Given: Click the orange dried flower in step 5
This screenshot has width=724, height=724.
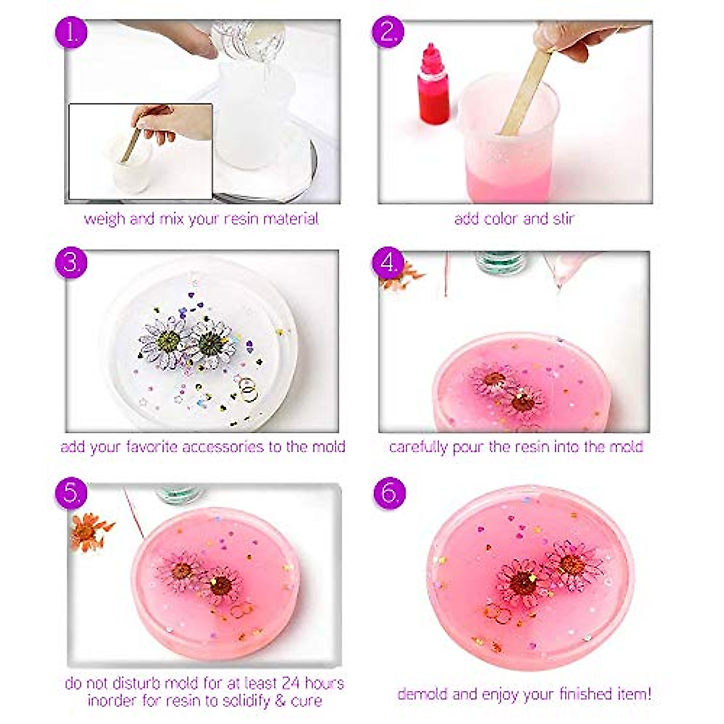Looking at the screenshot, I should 89,531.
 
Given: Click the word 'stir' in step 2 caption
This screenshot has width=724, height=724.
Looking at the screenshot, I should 564,218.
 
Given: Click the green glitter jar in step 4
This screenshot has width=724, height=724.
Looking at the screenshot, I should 500,261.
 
